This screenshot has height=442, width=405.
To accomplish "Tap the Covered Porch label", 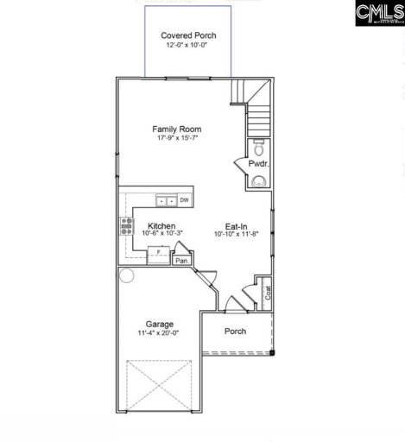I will coord(189,35).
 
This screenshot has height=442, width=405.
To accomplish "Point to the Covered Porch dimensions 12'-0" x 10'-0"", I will coord(189,46).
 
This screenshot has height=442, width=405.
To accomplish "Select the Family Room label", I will coord(178,129).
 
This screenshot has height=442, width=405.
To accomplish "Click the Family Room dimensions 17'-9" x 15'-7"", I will coord(178,140).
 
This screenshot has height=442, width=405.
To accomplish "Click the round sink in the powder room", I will coord(258,180).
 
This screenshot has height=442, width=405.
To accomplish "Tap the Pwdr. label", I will coord(257,163).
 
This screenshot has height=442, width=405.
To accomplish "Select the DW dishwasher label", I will coord(184,200).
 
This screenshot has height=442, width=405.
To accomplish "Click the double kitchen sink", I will coord(167,200).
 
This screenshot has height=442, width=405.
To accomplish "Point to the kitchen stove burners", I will coord(125,226).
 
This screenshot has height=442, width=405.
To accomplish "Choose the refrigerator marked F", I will coord(159,253).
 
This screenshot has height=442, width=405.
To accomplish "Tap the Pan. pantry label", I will coord(181,260).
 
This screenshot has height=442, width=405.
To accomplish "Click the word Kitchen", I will coord(161,225).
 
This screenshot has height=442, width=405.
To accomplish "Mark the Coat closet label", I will coord(268,293).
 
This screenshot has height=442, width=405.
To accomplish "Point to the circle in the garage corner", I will coord(127,276).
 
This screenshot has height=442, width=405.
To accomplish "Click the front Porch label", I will coord(235,331).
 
